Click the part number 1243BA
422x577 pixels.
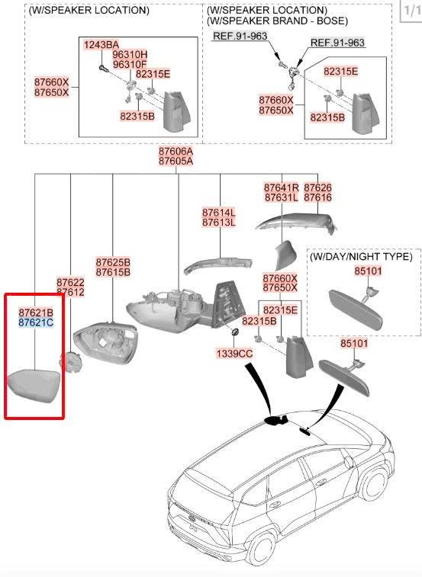pos(101,45)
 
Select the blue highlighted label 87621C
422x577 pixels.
pos(36,322)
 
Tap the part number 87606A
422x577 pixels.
pos(176,151)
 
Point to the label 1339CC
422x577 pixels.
pos(234,354)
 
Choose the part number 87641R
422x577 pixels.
pos(282,188)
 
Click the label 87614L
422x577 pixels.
pos(219,213)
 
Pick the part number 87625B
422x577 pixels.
pos(113,262)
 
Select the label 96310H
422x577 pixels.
pos(130,54)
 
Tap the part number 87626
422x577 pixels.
pos(317,188)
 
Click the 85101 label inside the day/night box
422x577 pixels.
pos(368,271)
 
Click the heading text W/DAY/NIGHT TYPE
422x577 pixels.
pos(361,256)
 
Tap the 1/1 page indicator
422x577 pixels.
pos(411,10)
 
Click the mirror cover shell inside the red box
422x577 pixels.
pos(34,385)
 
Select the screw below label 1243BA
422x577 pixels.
pos(102,67)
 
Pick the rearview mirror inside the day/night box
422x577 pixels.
pos(356,309)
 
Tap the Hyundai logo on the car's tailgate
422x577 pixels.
pos(192,518)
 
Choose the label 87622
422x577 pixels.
pos(70,283)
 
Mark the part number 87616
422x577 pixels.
pos(317,197)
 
